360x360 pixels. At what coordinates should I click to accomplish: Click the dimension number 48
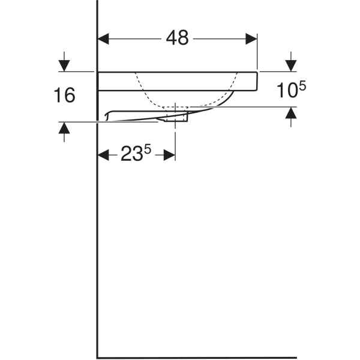coord(178,38)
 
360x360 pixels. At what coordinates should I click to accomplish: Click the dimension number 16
coord(64,95)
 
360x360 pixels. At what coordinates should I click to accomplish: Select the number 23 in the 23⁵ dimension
coord(132,155)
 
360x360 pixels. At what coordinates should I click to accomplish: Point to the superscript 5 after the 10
coord(302,86)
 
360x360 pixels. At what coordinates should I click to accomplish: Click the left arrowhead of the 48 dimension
coord(104,38)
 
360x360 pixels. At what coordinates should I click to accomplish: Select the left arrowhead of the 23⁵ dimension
coord(104,155)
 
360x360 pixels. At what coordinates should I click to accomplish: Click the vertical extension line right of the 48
coord(257,54)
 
